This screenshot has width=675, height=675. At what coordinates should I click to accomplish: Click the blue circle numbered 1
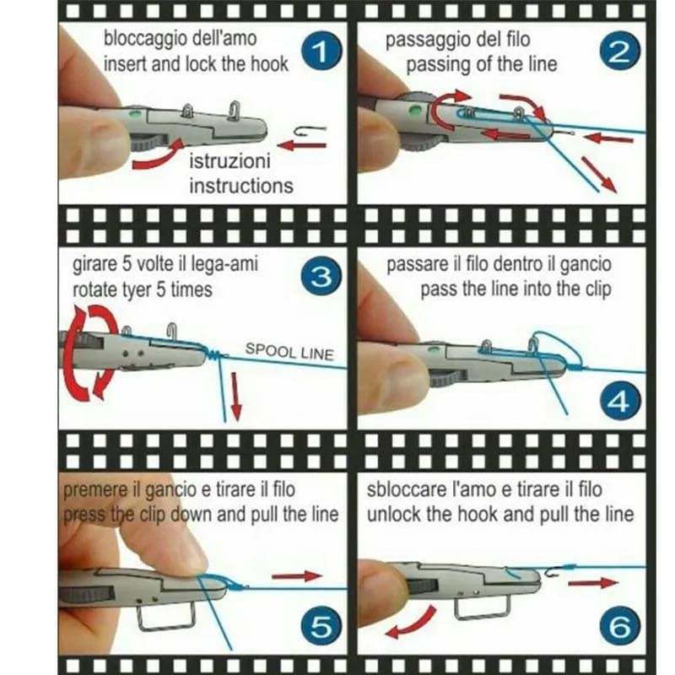321,53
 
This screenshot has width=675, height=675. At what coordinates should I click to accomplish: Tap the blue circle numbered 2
619,52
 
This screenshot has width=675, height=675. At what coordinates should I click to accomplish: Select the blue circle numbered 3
321,278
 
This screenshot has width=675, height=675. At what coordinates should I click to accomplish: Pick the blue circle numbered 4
620,402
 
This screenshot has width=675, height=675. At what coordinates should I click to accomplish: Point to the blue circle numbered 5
321,627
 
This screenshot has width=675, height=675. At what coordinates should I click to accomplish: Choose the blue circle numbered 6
620,627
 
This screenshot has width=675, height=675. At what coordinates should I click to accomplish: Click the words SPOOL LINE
289,352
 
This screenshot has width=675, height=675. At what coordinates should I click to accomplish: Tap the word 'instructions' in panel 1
241,186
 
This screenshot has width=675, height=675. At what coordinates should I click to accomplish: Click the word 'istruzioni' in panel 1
229,161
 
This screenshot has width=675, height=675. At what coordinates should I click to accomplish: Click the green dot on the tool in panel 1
135,114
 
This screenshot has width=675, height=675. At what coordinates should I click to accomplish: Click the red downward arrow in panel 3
235,397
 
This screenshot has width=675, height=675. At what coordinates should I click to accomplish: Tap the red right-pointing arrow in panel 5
298,576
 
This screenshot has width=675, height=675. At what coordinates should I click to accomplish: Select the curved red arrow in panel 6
411,623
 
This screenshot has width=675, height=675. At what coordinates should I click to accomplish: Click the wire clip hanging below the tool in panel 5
166,617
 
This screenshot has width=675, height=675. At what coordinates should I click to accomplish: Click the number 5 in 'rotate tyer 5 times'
160,289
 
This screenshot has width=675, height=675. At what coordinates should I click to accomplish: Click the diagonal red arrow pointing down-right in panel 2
598,175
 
